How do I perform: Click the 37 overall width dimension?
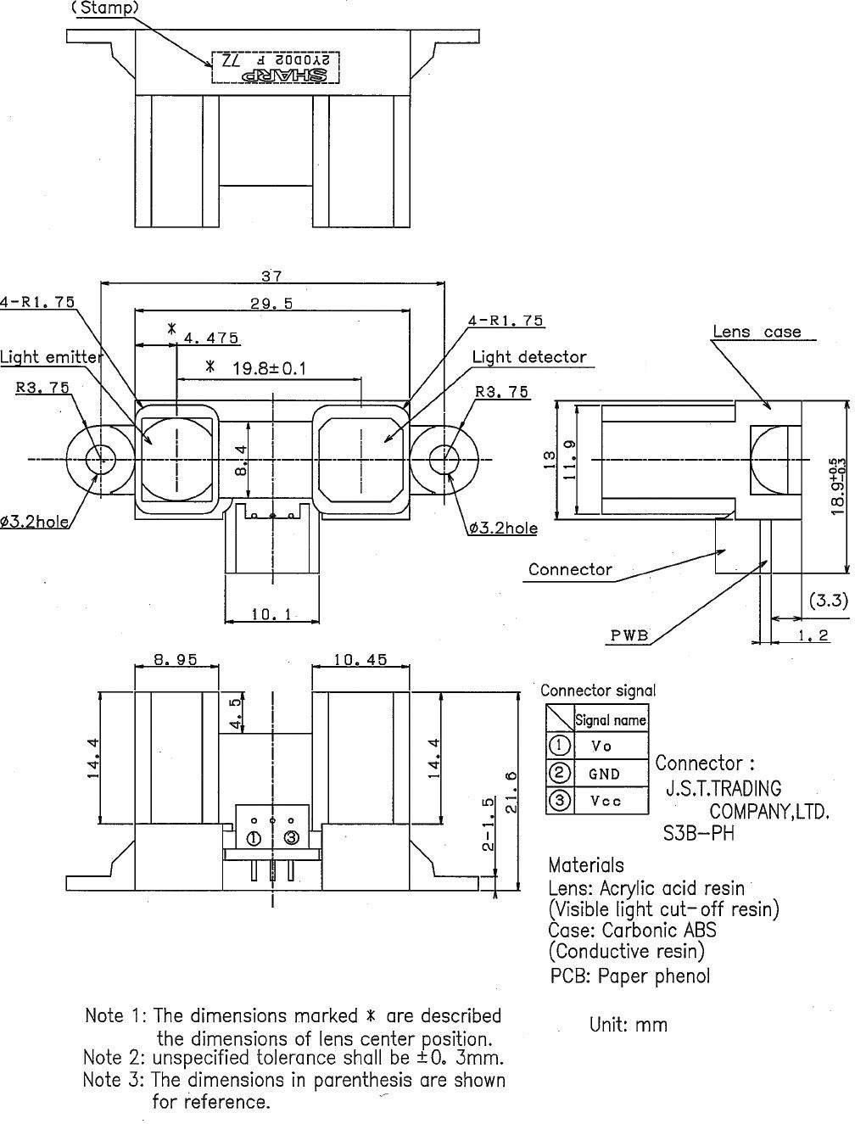tap(271, 276)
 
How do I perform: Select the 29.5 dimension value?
tap(271, 303)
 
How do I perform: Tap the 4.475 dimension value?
tap(210, 338)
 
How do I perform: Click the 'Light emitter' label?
tap(51, 356)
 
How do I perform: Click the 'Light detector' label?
tap(528, 357)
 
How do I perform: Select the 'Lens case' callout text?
tap(757, 332)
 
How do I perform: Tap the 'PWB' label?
tap(629, 635)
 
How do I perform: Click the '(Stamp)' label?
tap(104, 8)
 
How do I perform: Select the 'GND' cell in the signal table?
tap(604, 774)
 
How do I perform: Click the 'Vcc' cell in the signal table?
tap(605, 801)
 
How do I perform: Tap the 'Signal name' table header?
tap(611, 720)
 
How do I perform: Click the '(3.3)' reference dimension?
tap(827, 601)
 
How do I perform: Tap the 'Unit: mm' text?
tap(629, 1025)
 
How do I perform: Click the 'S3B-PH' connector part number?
tap(698, 833)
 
